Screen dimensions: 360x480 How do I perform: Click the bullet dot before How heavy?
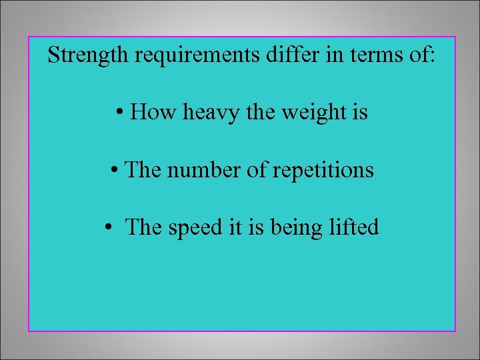point(117,113)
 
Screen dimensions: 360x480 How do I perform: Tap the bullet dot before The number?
point(115,171)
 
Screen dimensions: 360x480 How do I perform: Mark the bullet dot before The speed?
point(108,228)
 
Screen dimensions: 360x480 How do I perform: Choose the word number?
point(203,170)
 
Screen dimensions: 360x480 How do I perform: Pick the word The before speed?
point(143,227)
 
